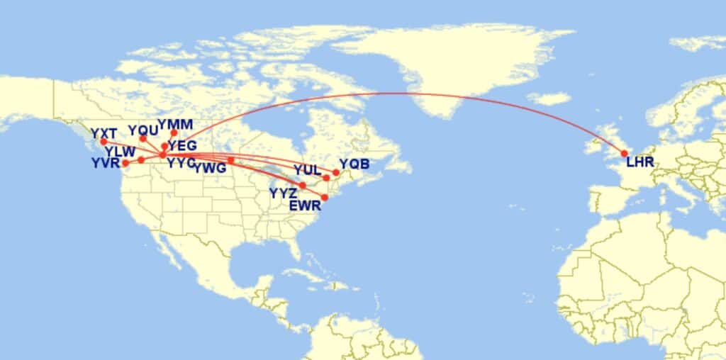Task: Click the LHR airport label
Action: (640, 164)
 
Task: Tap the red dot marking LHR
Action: (625, 153)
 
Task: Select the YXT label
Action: (103, 132)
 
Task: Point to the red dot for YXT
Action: (104, 142)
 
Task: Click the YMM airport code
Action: (175, 125)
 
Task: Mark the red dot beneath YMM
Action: (174, 133)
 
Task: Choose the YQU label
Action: (143, 130)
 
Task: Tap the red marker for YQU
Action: (143, 138)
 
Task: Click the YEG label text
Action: (182, 145)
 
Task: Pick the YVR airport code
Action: (106, 164)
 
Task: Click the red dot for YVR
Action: (126, 163)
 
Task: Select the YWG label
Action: (210, 168)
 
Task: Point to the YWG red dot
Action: (230, 160)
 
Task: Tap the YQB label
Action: (354, 164)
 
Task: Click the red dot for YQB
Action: (335, 172)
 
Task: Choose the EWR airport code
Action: (306, 206)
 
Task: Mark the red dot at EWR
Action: (325, 198)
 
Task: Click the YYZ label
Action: (283, 193)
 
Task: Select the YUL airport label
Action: (307, 169)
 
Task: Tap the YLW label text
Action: (120, 152)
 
